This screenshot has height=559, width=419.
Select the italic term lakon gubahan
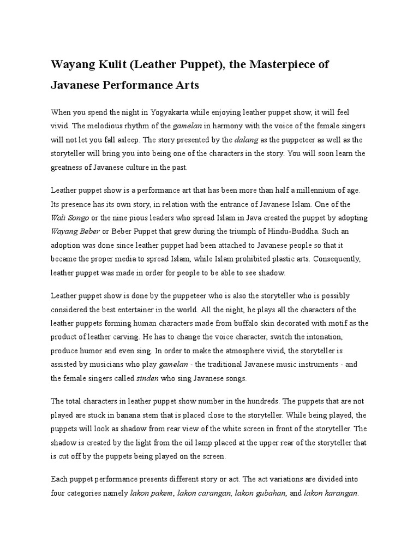tap(259, 493)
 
